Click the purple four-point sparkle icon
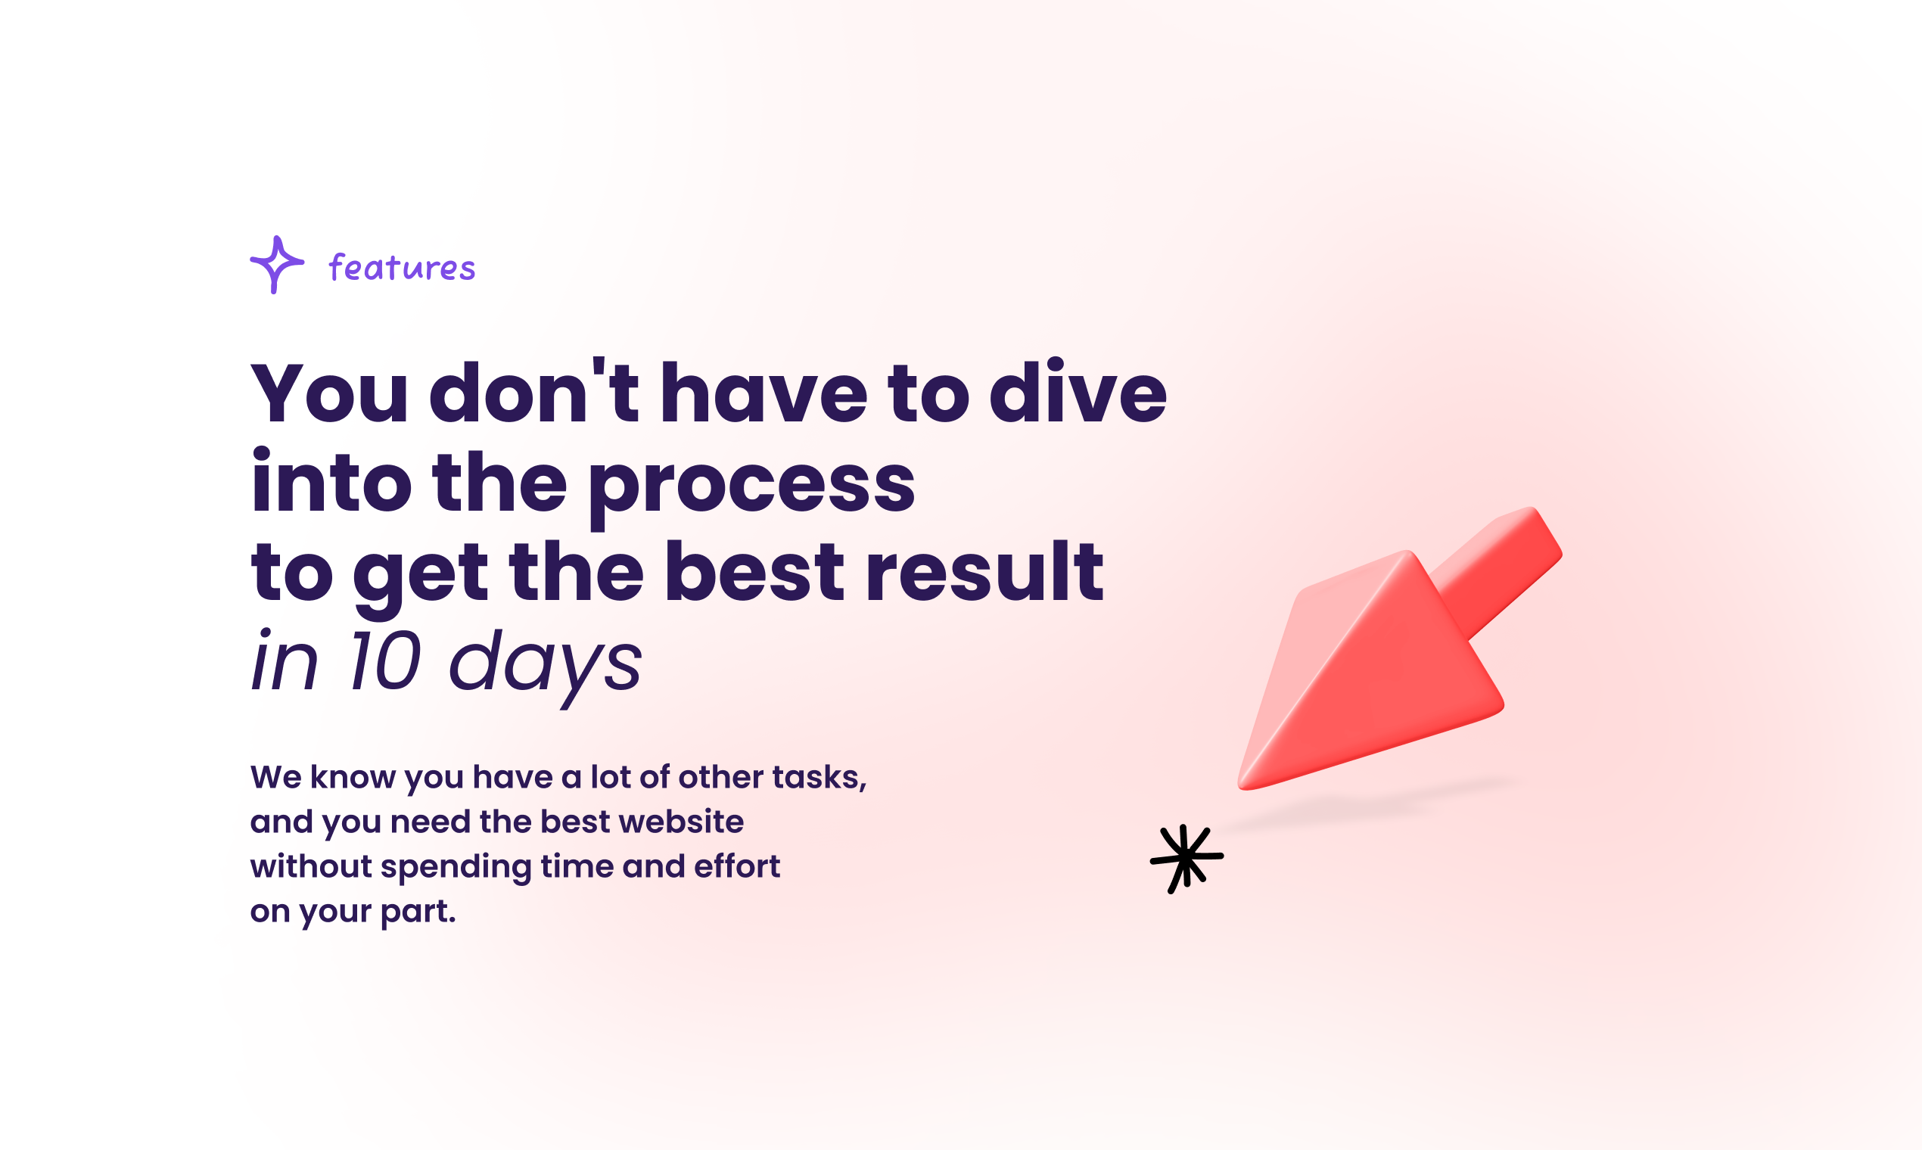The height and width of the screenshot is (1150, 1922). point(277,264)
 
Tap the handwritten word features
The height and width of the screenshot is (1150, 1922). point(402,266)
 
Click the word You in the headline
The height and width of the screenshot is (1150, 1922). point(329,393)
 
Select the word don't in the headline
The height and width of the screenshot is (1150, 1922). point(534,390)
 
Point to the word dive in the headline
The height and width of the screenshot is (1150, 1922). point(1078,390)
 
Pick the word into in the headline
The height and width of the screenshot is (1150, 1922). point(331,480)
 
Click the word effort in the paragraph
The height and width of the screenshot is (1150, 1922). point(737,866)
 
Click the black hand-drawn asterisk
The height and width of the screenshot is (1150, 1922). point(1186,859)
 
